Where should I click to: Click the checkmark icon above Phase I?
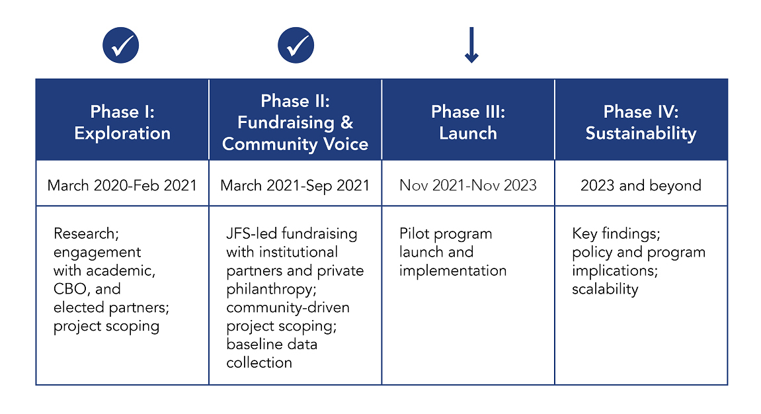tap(121, 45)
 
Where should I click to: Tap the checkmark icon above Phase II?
tap(296, 45)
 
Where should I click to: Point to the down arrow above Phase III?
tap(471, 45)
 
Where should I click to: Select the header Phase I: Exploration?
tap(122, 122)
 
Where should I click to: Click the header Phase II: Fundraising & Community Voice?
tap(295, 122)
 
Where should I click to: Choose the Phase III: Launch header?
tap(468, 122)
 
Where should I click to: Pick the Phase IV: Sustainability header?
tap(641, 122)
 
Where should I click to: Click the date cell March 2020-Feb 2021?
tap(122, 185)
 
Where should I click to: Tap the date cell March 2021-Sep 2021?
tap(295, 185)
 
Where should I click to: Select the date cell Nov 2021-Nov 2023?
tap(468, 185)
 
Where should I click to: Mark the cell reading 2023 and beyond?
tap(641, 185)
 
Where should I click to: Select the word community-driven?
tap(288, 308)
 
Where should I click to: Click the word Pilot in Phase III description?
tap(414, 233)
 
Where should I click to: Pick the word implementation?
tap(453, 271)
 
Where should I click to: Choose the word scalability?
tap(605, 289)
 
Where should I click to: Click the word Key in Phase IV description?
tap(584, 234)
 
